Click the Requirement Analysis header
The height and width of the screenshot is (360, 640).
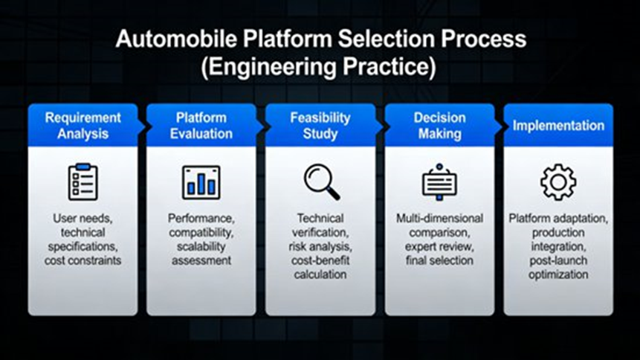pos(83,126)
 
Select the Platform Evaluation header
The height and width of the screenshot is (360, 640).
pos(201,126)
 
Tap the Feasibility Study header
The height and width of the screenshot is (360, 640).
pos(320,126)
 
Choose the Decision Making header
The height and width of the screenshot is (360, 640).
pos(439,126)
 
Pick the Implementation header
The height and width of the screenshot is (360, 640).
pos(558,126)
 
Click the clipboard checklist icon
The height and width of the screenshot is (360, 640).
pos(83,182)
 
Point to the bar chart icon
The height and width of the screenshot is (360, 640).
pos(201,182)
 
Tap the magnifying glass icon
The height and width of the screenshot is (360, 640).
pos(321,182)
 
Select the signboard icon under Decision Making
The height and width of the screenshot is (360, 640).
pos(439,182)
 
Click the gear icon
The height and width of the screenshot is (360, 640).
pos(558,182)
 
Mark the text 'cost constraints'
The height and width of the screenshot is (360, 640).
pos(83,260)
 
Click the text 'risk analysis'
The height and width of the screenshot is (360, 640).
pos(320,247)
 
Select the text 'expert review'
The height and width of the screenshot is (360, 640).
pos(439,246)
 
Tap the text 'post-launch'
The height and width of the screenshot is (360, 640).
pos(558,261)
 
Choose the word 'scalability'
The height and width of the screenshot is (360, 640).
pos(201,246)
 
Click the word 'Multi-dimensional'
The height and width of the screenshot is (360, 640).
pos(439,219)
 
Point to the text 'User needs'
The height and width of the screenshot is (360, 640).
pos(83,219)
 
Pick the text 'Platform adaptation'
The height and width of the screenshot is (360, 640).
pos(558,219)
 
